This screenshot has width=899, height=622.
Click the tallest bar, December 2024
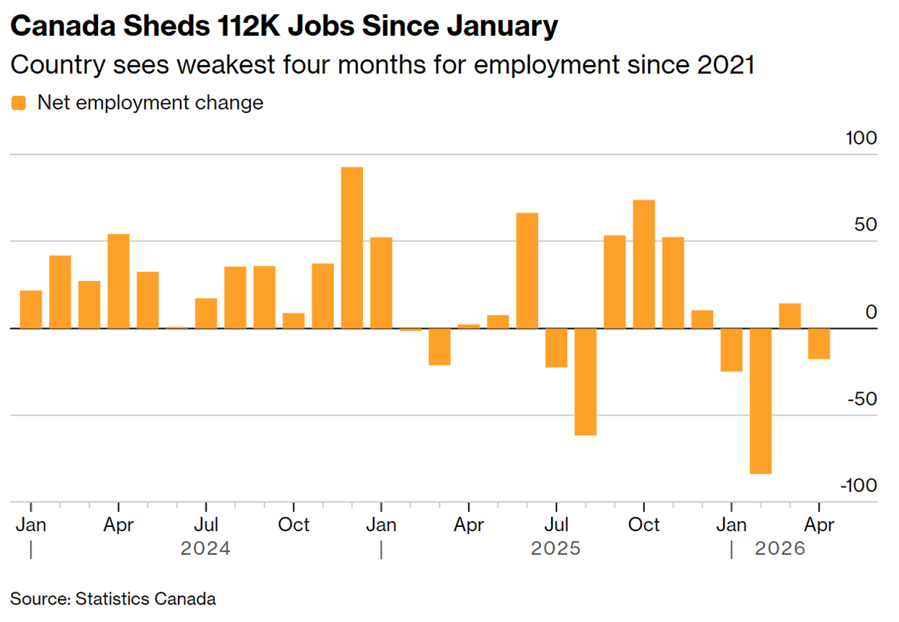352,248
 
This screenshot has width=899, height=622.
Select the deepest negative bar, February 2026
761,401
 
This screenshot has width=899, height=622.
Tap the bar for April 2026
819,344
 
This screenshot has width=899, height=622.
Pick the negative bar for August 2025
586,382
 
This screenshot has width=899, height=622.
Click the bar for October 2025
644,265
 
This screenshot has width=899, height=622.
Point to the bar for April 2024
118,281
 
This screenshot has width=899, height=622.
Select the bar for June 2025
527,271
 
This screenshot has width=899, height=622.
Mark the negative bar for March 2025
439,347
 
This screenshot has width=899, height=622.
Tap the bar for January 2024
31,310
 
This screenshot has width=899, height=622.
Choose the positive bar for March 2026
790,316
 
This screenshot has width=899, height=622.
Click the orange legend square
19,103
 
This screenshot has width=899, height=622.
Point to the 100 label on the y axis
861,138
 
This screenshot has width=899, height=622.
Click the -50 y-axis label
862,399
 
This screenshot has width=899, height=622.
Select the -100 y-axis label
859,486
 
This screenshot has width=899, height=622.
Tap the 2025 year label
556,548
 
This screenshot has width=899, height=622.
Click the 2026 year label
780,548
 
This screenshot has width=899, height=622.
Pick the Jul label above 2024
206,525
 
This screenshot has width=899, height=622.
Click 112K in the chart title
249,26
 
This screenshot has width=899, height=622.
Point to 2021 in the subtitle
725,65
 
